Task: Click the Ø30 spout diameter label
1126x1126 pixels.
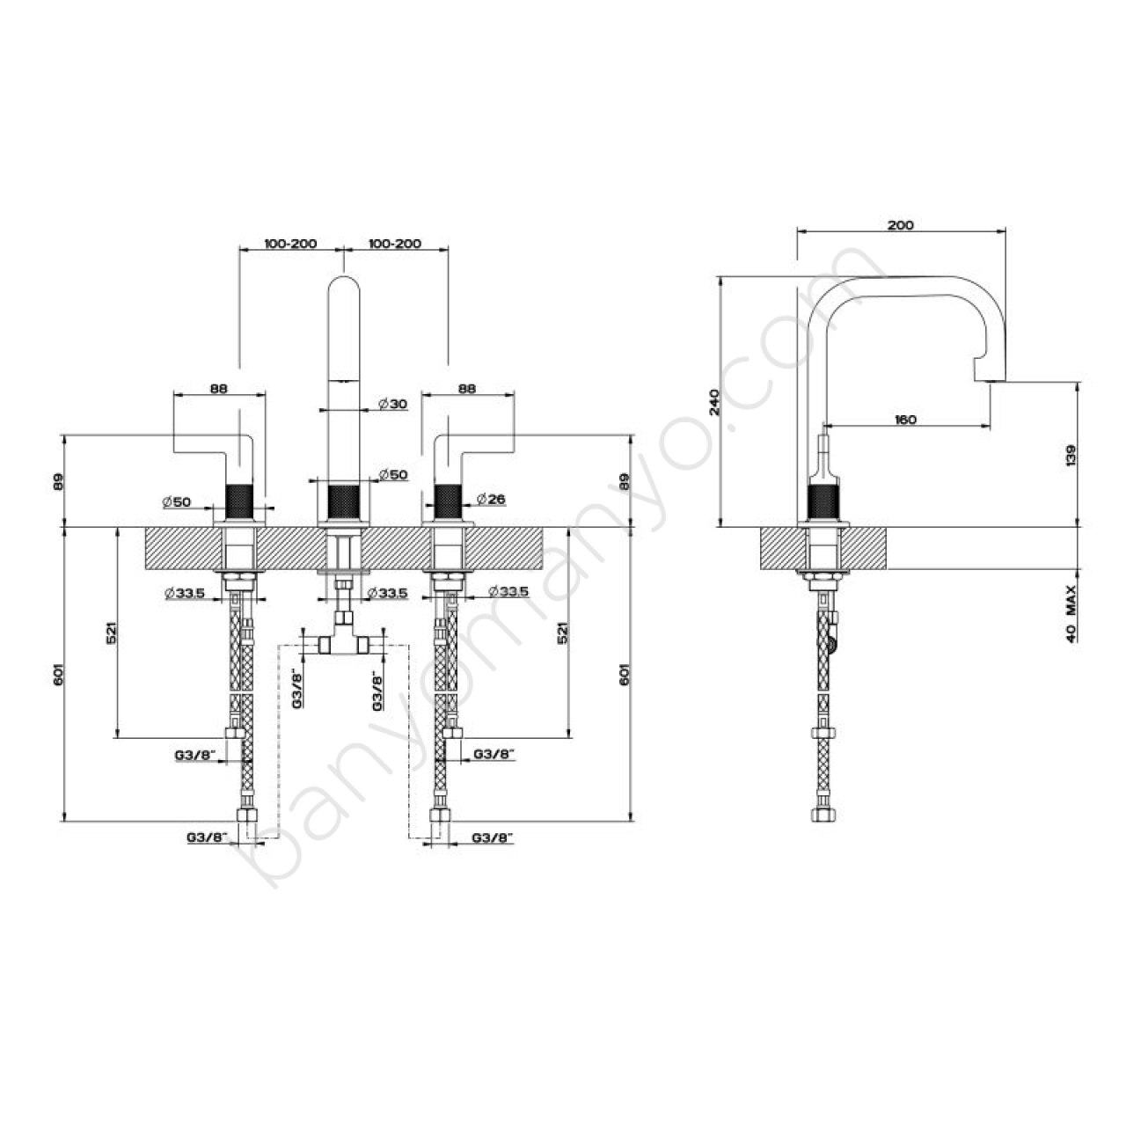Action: [x=392, y=404]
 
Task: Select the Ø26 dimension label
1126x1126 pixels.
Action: [x=491, y=499]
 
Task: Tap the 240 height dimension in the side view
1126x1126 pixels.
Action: [x=714, y=401]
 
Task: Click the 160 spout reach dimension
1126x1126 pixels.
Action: [x=905, y=419]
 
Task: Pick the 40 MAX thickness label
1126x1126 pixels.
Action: [x=1071, y=615]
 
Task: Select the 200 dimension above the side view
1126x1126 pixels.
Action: [x=901, y=225]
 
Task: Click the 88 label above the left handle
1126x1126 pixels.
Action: [x=219, y=388]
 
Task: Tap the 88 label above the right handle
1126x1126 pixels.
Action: [x=467, y=388]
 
